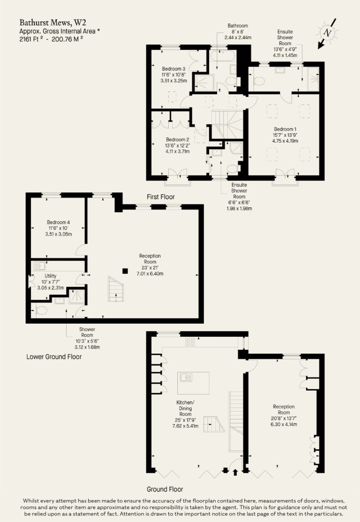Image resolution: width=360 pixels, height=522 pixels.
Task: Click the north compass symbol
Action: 327,33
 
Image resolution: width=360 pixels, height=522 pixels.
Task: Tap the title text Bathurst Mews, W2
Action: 53,23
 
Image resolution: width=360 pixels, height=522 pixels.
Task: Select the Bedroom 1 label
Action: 285,129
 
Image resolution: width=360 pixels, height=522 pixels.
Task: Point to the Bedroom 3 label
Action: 173,69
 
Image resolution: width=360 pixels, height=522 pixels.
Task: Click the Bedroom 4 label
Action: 58,222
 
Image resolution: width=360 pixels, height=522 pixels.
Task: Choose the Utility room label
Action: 50,276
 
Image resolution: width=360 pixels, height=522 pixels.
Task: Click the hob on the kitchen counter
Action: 190,342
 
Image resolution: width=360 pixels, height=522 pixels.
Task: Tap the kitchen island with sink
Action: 193,383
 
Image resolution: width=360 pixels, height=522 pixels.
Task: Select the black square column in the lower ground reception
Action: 125,271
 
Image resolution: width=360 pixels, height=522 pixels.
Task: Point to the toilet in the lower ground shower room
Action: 41,311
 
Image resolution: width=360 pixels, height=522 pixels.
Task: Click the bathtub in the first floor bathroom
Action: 222,56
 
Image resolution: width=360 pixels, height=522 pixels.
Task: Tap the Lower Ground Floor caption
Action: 54,357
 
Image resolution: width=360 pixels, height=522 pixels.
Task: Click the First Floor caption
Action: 161,197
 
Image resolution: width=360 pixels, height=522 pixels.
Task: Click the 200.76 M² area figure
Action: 67,39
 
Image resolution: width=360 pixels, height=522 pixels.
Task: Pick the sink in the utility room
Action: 40,266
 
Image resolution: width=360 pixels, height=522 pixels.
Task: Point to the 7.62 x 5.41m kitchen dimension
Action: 185,426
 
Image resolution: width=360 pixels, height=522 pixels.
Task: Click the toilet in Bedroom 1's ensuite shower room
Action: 259,81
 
